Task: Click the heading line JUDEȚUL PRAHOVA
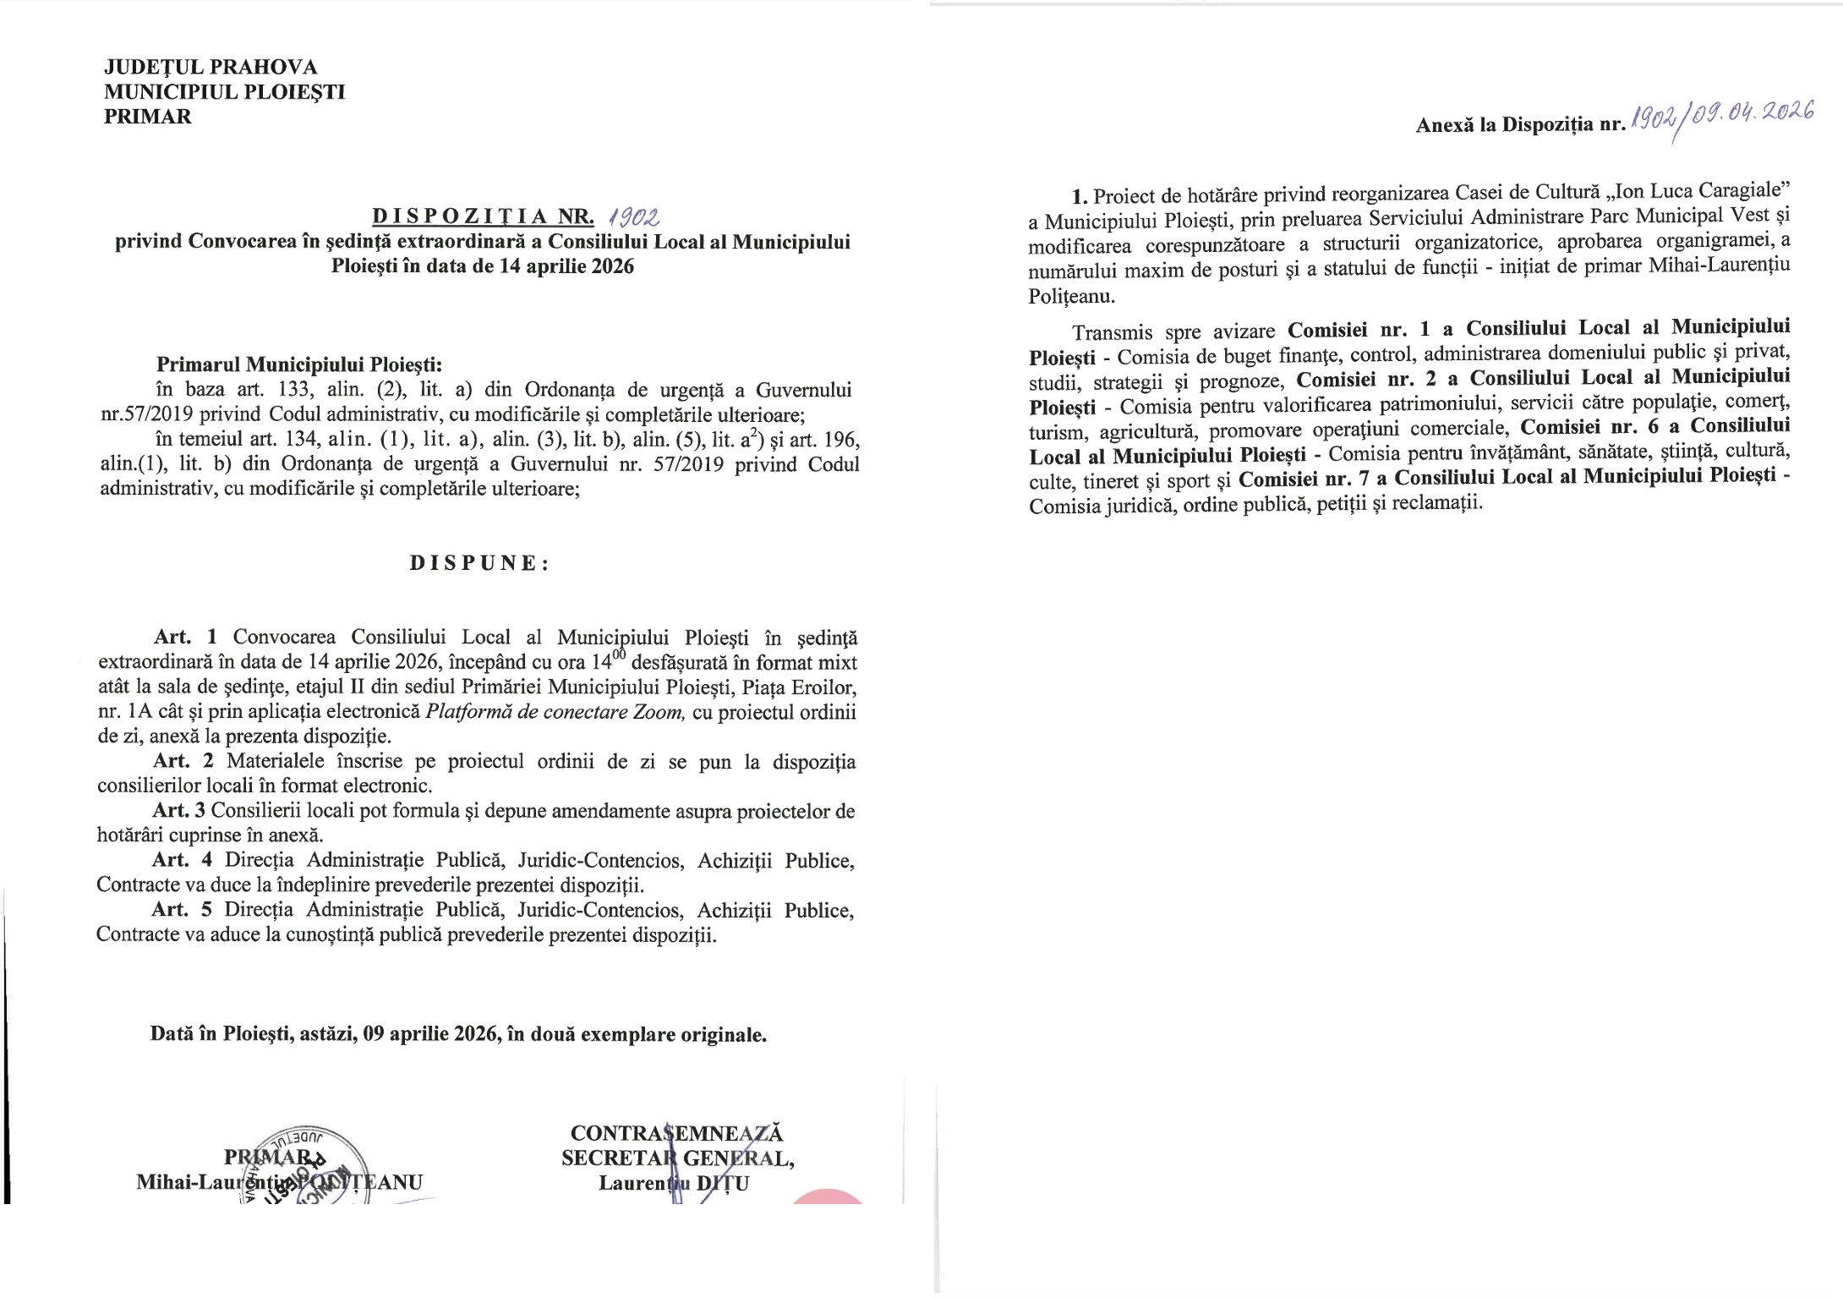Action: [211, 67]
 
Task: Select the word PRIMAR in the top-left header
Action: [148, 117]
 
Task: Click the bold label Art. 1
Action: [186, 638]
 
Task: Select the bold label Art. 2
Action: [183, 762]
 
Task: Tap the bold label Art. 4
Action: [182, 861]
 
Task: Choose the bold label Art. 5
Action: [181, 911]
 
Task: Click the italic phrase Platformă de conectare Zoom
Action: [555, 712]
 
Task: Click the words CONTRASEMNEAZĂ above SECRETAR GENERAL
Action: [677, 1133]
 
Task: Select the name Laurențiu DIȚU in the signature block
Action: [674, 1183]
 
